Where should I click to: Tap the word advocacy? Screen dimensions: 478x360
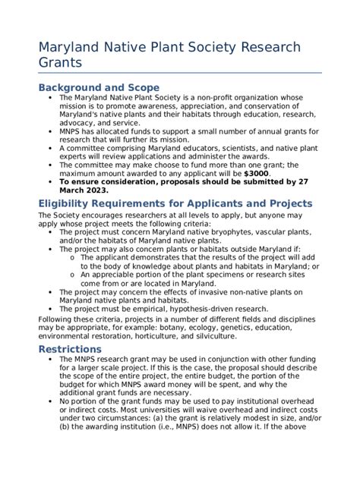pyautogui.click(x=77, y=123)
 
